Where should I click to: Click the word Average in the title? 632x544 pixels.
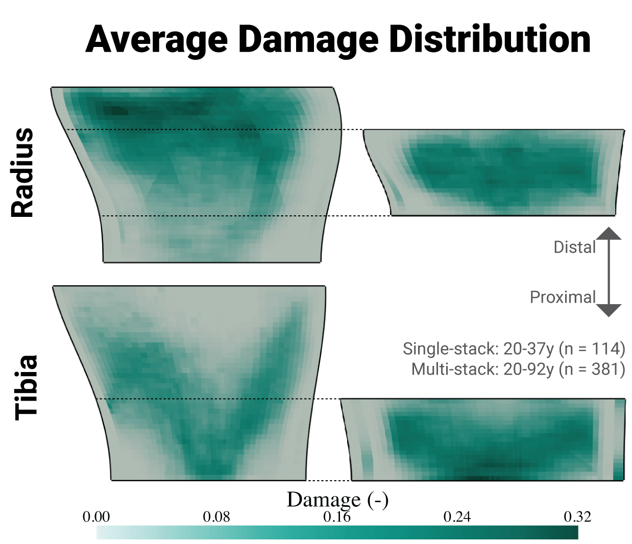tap(157, 40)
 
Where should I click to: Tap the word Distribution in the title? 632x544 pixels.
tap(490, 40)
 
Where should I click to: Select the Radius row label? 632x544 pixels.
tap(23, 173)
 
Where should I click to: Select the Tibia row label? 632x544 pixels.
tap(26, 387)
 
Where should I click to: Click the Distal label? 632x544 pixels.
tap(574, 248)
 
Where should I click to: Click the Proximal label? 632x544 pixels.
tap(563, 297)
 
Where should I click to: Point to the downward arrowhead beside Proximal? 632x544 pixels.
tap(609, 310)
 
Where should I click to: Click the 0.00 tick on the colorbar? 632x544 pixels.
tap(96, 517)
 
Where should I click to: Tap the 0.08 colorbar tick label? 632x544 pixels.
tap(216, 517)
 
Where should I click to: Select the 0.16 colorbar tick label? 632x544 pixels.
tap(337, 517)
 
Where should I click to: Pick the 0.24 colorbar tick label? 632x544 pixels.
tap(457, 517)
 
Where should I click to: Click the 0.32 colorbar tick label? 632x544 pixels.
tap(577, 517)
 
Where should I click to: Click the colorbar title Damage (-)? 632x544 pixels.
tap(337, 500)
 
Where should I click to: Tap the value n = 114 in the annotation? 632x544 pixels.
tap(592, 349)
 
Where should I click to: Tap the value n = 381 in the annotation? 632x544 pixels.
tap(592, 369)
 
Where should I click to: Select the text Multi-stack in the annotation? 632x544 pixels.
tap(454, 369)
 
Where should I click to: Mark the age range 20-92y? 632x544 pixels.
tap(528, 369)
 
